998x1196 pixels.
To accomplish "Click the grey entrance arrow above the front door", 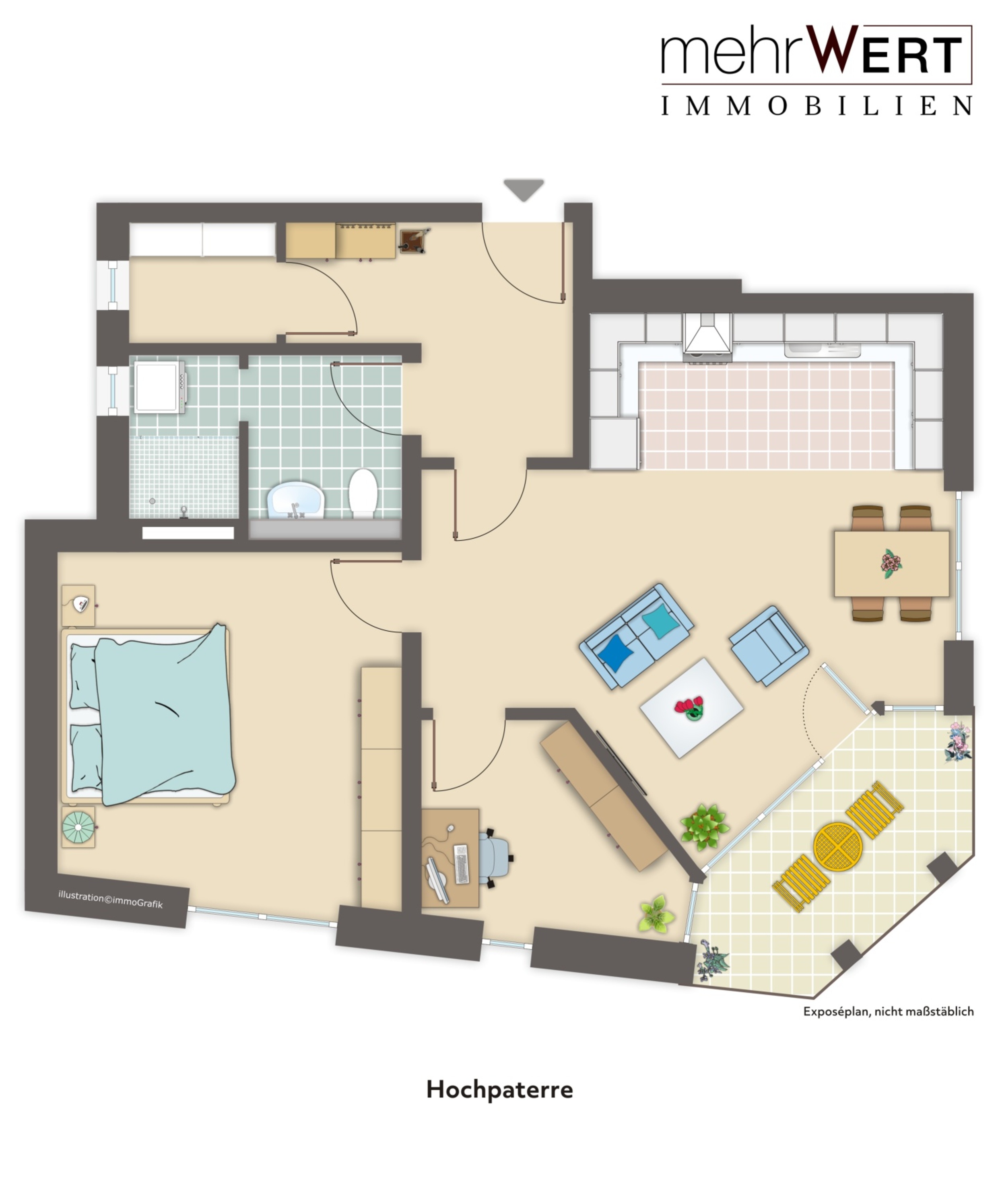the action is pyautogui.click(x=524, y=189).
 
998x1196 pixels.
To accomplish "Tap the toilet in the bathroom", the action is pyautogui.click(x=363, y=493).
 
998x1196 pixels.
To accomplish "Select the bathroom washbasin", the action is pyautogui.click(x=296, y=500).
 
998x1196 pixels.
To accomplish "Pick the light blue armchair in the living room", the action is pyautogui.click(x=769, y=645).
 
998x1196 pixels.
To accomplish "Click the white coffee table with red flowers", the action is pyautogui.click(x=691, y=708).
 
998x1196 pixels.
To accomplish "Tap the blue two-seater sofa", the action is pyautogui.click(x=636, y=636).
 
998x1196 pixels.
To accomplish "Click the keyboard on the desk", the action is pyautogui.click(x=462, y=864).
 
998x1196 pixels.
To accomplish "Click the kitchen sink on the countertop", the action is pyautogui.click(x=822, y=349).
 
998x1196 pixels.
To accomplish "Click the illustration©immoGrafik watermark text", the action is pyautogui.click(x=111, y=899).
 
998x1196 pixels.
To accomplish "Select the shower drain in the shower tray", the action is pyautogui.click(x=152, y=501).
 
